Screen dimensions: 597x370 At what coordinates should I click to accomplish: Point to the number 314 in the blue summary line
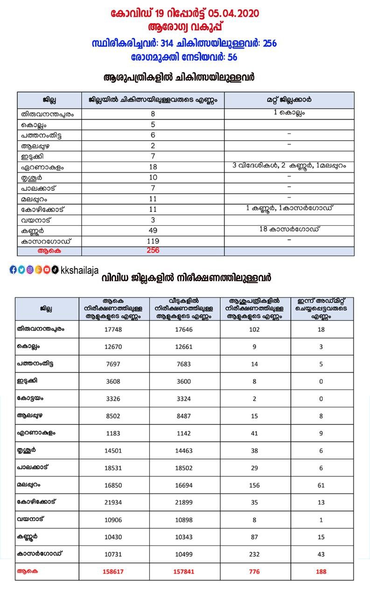click(168, 43)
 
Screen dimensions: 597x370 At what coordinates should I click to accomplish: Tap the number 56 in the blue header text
click(232, 57)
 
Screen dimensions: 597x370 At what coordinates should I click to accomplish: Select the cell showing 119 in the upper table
click(153, 241)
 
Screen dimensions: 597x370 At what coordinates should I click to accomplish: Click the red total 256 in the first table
click(153, 250)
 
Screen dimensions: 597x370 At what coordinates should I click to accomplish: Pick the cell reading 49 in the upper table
click(153, 230)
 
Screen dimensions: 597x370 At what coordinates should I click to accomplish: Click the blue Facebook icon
click(13, 270)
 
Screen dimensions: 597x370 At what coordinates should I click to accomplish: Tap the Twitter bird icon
click(21, 270)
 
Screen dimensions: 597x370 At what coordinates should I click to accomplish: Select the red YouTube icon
click(47, 270)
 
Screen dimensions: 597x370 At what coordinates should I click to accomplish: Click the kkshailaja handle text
click(80, 270)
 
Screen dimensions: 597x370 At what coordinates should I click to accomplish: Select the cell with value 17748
click(114, 329)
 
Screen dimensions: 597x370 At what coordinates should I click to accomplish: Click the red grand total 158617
click(114, 571)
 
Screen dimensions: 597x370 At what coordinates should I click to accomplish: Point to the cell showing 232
click(254, 554)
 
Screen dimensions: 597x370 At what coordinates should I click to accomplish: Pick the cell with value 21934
click(114, 502)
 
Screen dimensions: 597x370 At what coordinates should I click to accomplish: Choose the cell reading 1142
click(184, 433)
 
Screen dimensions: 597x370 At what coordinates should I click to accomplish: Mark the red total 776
click(254, 571)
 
